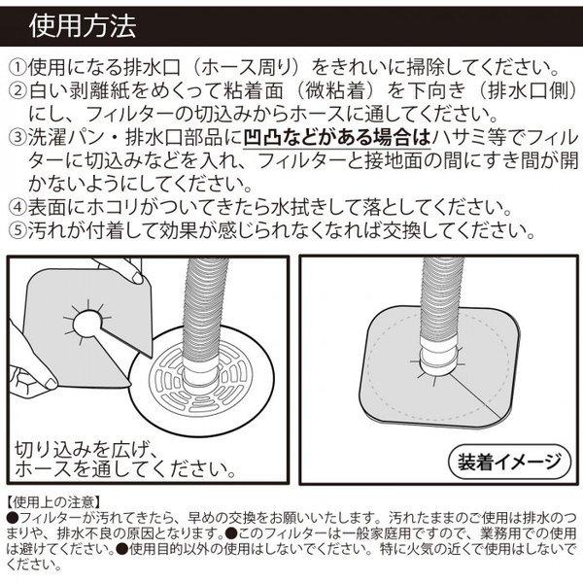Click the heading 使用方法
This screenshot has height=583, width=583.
(x=83, y=26)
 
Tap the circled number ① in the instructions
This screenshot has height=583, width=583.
(x=17, y=68)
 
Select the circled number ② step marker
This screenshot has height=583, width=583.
(x=17, y=91)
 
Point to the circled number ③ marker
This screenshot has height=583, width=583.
(x=17, y=138)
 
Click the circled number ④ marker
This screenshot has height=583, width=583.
(x=17, y=207)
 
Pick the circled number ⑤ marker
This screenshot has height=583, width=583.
(x=17, y=230)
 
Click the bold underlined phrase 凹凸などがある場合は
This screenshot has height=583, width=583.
(x=337, y=138)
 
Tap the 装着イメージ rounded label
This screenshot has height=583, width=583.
(x=509, y=461)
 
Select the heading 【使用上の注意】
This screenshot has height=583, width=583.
(x=53, y=502)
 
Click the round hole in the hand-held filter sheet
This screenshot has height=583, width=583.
(x=88, y=324)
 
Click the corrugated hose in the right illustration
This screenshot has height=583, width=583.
(x=442, y=297)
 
